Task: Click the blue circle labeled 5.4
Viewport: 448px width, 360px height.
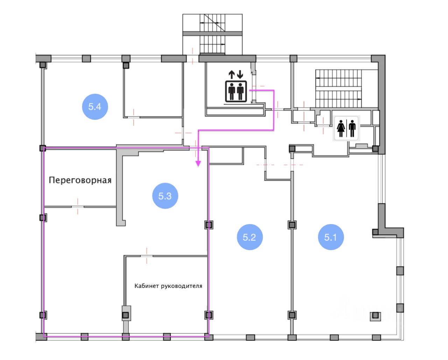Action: point(94,107)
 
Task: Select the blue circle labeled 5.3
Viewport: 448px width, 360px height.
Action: point(165,196)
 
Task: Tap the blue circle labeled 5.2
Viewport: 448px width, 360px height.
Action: point(249,237)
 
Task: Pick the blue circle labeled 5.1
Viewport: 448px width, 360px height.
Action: point(330,237)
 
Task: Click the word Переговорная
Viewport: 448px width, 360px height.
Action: point(80,180)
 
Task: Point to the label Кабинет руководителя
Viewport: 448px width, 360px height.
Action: point(168,286)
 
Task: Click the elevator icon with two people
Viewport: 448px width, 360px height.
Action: point(236,91)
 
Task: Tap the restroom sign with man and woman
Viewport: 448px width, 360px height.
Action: point(346,128)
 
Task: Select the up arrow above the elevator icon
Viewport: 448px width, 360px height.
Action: point(231,75)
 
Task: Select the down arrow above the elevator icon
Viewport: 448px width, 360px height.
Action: point(240,75)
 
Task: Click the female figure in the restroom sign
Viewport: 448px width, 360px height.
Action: point(341,128)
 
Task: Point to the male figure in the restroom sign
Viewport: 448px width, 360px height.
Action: point(352,128)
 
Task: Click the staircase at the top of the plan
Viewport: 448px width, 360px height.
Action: point(212,34)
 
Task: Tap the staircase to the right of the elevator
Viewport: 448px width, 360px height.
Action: point(338,88)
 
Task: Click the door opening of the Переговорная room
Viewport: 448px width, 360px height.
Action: point(78,207)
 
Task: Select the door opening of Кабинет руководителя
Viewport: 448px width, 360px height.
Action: point(147,256)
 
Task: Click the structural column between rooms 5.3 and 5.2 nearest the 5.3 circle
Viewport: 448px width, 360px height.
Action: point(209,225)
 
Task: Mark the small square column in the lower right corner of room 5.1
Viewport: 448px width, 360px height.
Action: point(376,316)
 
